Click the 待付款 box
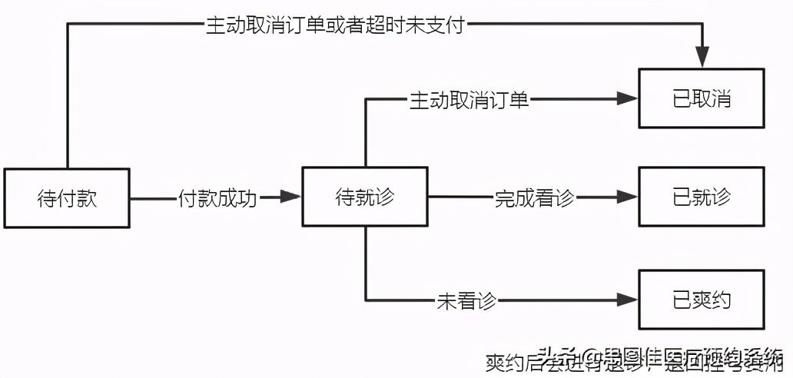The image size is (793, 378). tap(67, 197)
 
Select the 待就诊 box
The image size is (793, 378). tap(364, 197)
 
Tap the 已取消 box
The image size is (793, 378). tap(702, 98)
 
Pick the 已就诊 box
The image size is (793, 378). tap(702, 197)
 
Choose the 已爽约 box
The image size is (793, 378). tap(702, 300)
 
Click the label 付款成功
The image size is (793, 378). tap(217, 197)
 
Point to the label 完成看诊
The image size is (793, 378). tap(534, 197)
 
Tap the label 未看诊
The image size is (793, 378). tap(466, 300)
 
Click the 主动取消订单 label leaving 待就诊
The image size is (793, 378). tap(469, 99)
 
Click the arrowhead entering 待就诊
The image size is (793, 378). tap(290, 197)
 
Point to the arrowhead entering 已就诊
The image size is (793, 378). tap(627, 197)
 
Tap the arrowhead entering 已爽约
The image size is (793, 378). tap(627, 300)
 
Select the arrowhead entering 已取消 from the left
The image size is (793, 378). tap(627, 98)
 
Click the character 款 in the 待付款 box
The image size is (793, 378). tap(88, 197)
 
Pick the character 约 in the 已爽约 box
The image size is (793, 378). tap(722, 300)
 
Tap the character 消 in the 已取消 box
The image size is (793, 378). tap(722, 98)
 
